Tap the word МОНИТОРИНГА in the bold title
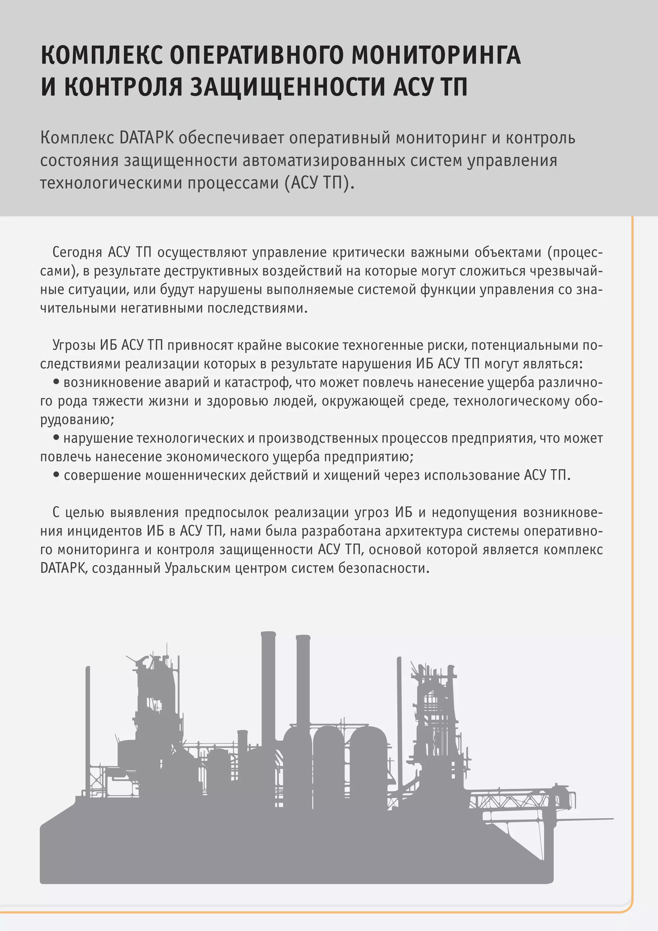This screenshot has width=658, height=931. coord(436,55)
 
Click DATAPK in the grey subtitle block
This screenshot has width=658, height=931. coord(147,138)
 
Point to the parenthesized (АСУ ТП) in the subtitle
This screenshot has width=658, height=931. coord(316,183)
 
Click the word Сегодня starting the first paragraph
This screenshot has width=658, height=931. coord(77,252)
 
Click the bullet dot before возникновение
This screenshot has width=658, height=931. coord(56,382)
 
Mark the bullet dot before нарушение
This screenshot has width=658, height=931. coord(56,438)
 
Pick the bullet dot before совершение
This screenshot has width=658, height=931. coord(56,475)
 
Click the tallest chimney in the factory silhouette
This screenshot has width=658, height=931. coord(268,689)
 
